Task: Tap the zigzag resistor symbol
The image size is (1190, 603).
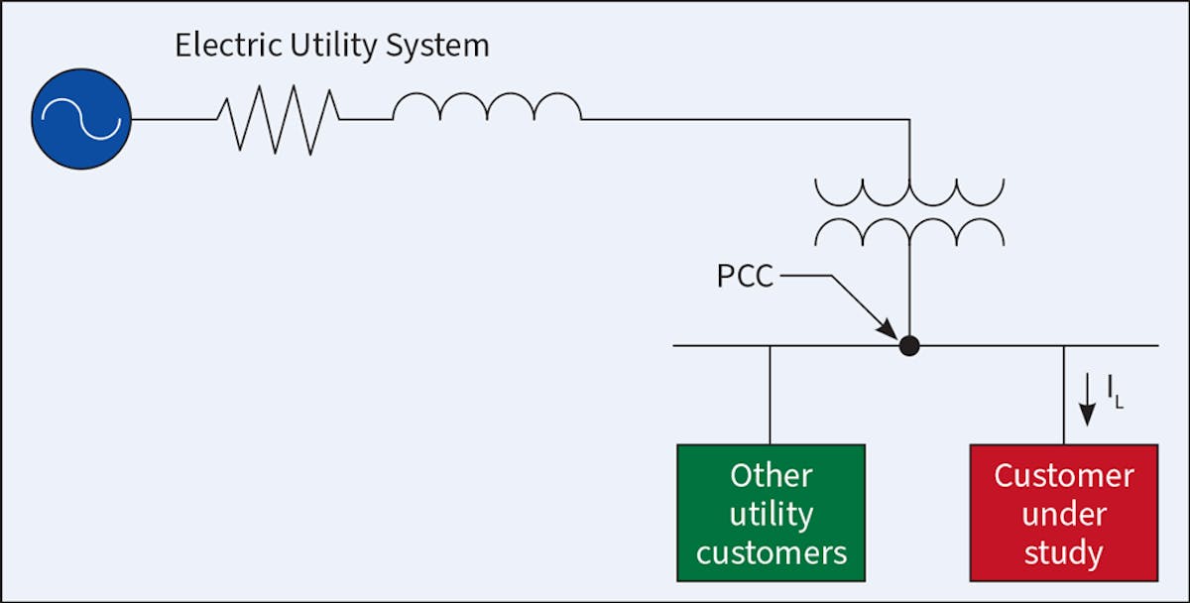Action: pyautogui.click(x=279, y=119)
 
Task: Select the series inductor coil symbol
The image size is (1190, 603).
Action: pyautogui.click(x=486, y=107)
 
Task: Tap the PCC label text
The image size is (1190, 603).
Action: pyautogui.click(x=745, y=276)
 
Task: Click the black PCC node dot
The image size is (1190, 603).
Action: pyautogui.click(x=908, y=345)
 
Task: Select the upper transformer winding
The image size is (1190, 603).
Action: pyautogui.click(x=908, y=192)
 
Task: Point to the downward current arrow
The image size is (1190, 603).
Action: pyautogui.click(x=1088, y=402)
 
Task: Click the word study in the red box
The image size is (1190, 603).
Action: pyautogui.click(x=1063, y=552)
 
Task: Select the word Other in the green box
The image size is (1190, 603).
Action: pyautogui.click(x=771, y=476)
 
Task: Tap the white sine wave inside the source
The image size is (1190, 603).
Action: pyautogui.click(x=80, y=120)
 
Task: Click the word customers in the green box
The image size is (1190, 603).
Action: pyautogui.click(x=771, y=552)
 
